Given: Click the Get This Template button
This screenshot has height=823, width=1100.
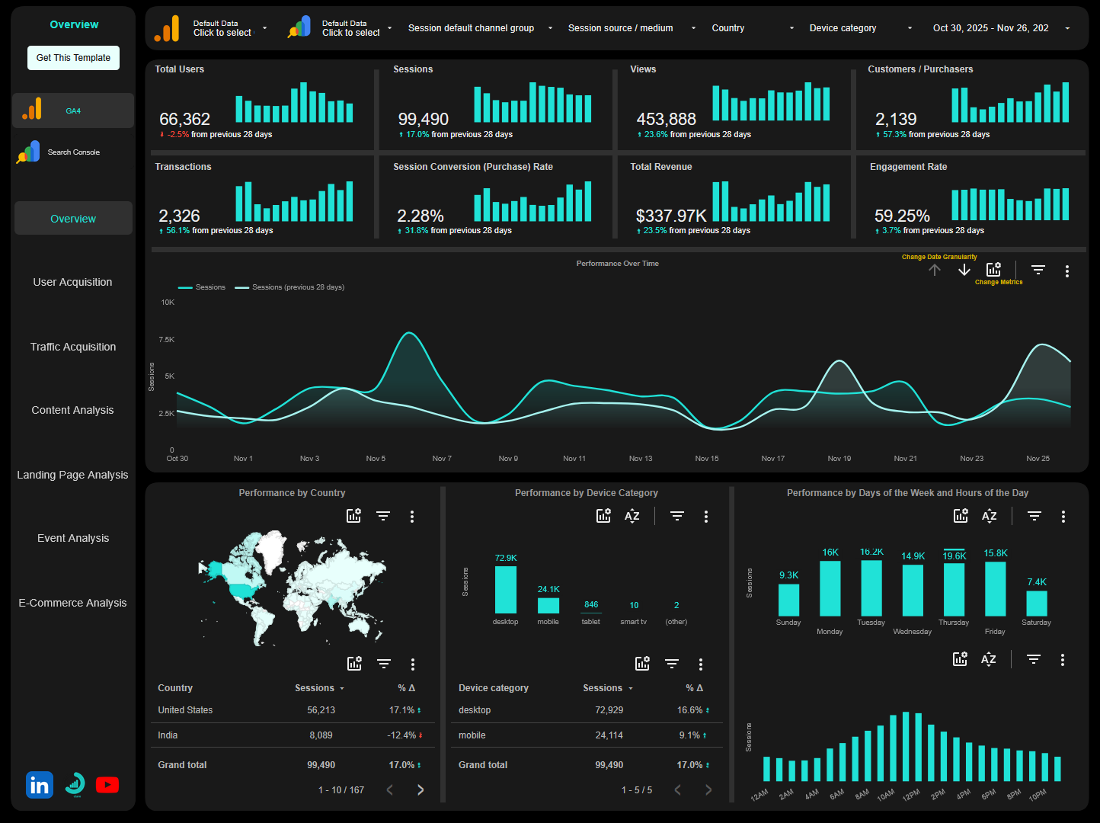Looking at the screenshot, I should click(x=73, y=58).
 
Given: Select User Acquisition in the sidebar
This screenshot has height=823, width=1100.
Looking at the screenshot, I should click(x=72, y=282).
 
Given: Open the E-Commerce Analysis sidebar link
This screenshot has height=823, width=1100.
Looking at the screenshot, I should click(x=72, y=603).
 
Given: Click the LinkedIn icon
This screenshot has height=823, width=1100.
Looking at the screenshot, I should click(x=40, y=785).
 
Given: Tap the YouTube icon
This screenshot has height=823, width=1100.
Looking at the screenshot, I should click(x=107, y=785).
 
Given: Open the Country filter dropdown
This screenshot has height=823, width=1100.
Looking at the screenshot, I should click(x=752, y=28).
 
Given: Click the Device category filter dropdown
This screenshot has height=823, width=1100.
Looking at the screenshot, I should click(x=860, y=28).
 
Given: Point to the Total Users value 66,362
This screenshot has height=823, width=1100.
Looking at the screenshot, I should click(x=184, y=120).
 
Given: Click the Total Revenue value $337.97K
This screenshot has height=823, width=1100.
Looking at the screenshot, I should click(x=671, y=216).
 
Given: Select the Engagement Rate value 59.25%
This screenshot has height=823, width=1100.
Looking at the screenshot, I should click(x=902, y=216).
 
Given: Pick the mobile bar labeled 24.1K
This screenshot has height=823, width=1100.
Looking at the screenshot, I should click(x=548, y=605).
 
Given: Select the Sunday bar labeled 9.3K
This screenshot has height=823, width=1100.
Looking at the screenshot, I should click(x=788, y=600).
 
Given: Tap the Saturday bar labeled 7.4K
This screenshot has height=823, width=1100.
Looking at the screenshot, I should click(x=1036, y=603).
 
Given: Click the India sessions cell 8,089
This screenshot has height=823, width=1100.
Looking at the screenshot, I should click(x=321, y=735).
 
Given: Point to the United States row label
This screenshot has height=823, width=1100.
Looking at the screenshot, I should click(x=185, y=710).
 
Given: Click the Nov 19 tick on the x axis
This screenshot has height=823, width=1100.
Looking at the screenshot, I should click(x=839, y=459).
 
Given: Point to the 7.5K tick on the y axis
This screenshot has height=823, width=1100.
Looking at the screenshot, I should click(x=166, y=340).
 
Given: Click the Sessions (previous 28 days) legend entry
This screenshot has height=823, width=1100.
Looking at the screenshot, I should click(x=291, y=287).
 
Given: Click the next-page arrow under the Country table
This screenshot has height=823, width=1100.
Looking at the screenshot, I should click(x=420, y=790).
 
